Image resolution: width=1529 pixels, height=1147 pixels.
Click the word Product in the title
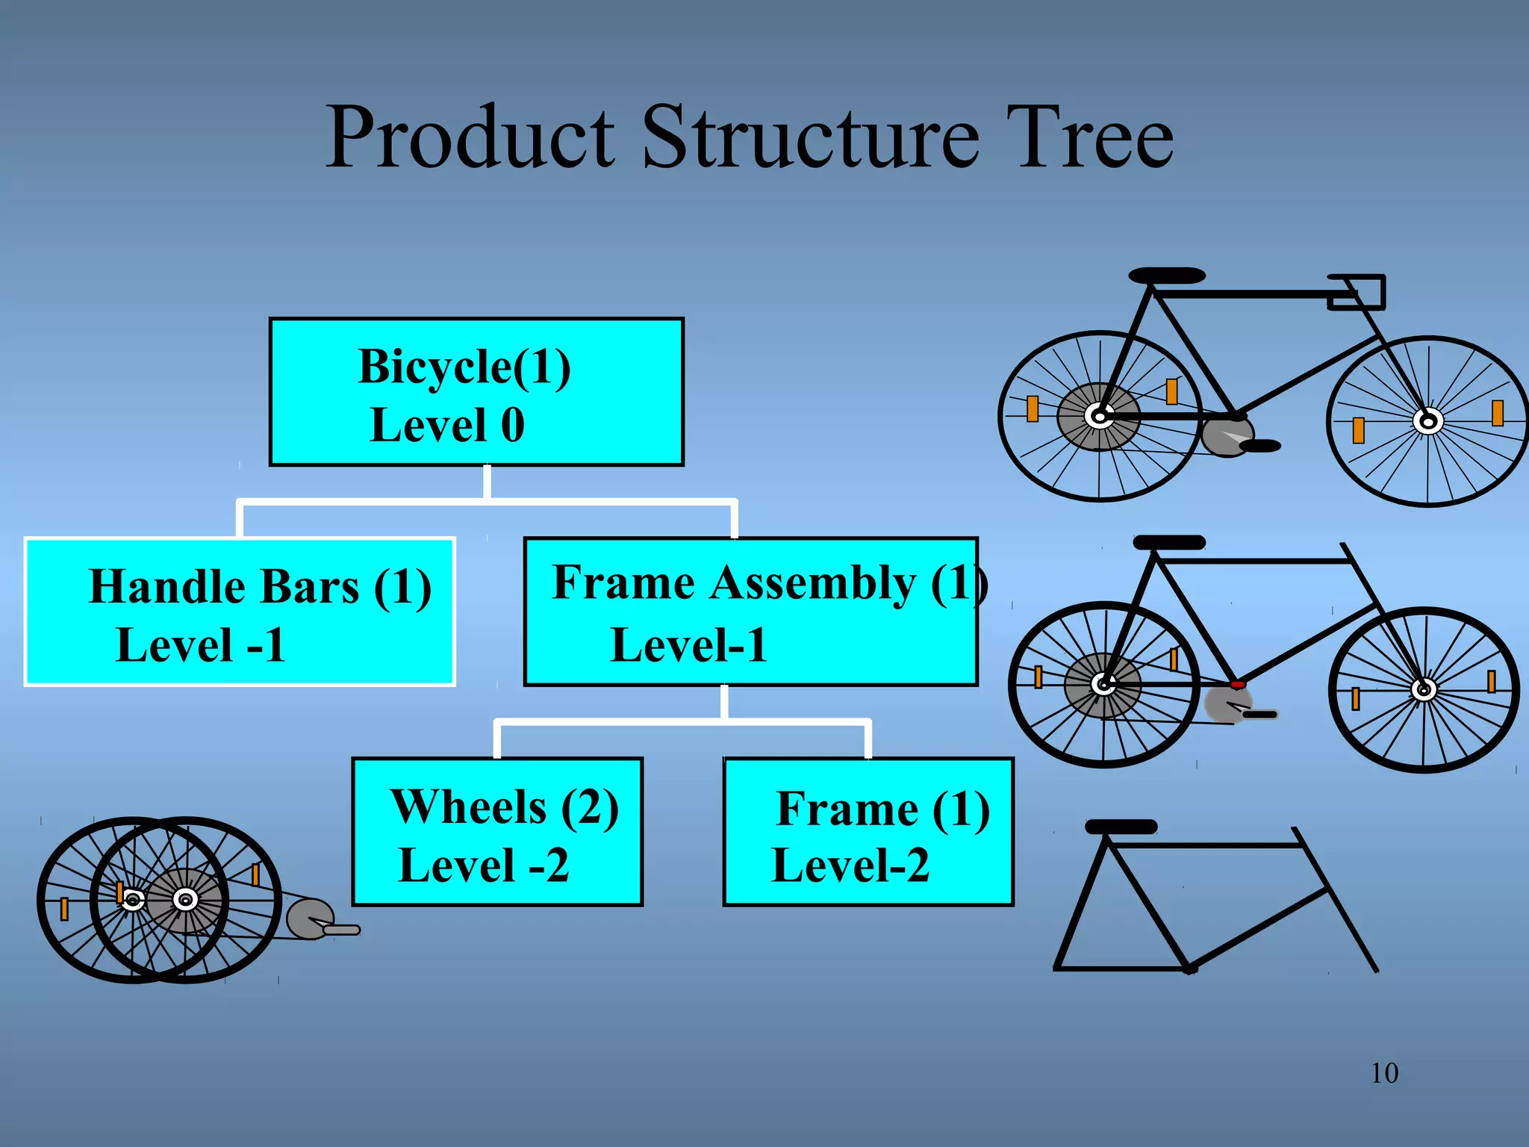pyautogui.click(x=470, y=137)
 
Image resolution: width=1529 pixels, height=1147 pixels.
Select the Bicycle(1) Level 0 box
pyautogui.click(x=476, y=393)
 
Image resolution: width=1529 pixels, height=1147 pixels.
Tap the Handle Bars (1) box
pyautogui.click(x=240, y=612)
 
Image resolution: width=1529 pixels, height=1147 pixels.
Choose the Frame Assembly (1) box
pyautogui.click(x=750, y=612)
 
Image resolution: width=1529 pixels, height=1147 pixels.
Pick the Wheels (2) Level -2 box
pyautogui.click(x=497, y=832)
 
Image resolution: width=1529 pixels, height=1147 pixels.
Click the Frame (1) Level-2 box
pyautogui.click(x=868, y=832)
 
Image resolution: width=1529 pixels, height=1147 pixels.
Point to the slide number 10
pyautogui.click(x=1384, y=1073)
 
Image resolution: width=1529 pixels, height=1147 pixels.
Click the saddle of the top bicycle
pyautogui.click(x=1167, y=276)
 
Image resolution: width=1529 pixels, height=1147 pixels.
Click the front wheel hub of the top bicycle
pyautogui.click(x=1428, y=421)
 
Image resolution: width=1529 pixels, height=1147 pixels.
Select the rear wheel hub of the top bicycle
pyautogui.click(x=1099, y=416)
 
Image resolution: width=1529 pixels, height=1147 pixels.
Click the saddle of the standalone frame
pyautogui.click(x=1121, y=827)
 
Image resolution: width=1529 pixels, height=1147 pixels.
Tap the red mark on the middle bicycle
pyautogui.click(x=1238, y=684)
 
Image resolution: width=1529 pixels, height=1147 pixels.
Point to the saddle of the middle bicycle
pyautogui.click(x=1168, y=542)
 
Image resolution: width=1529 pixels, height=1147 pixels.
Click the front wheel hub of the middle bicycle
pyautogui.click(x=1424, y=689)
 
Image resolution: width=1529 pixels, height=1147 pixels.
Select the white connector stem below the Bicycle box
pyautogui.click(x=487, y=482)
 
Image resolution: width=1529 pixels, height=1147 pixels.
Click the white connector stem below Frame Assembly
pyautogui.click(x=724, y=702)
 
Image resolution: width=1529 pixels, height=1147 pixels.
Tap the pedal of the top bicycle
pyautogui.click(x=1259, y=446)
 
